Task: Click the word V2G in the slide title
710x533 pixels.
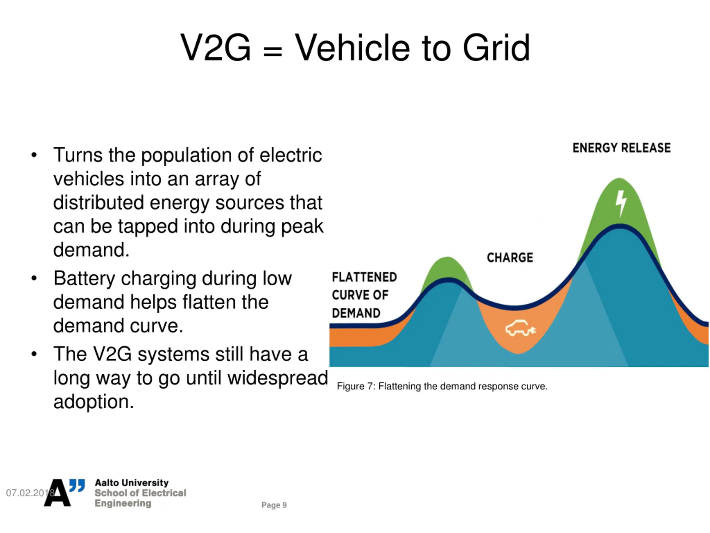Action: pos(215,48)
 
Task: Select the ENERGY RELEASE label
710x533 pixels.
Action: pos(622,148)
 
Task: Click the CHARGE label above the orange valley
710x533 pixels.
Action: pos(510,258)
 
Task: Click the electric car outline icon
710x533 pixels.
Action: pos(520,328)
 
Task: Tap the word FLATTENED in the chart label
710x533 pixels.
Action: pos(364,277)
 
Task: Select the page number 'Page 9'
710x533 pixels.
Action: pos(274,505)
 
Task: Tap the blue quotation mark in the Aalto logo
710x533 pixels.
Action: pos(77,485)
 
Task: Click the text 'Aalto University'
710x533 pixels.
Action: pos(132,482)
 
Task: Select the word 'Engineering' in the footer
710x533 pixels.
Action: pos(123,503)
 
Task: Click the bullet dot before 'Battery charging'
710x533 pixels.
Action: pos(34,278)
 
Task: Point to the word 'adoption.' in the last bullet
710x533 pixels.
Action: pos(93,402)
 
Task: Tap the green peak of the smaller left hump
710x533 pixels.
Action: pos(447,267)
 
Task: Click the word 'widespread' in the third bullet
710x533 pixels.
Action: pos(278,378)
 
